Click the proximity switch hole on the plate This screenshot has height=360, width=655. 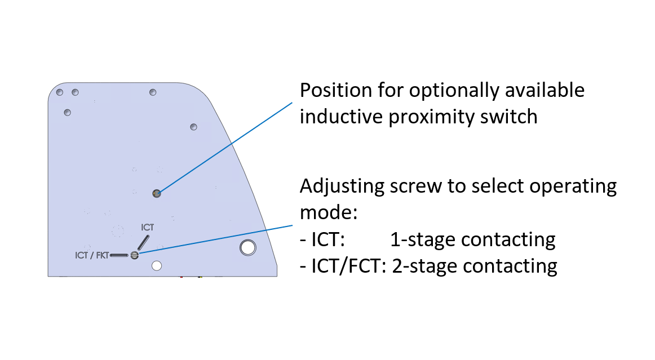click(x=157, y=194)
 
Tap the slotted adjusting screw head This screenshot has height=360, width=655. click(x=134, y=255)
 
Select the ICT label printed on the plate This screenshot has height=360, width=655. click(x=147, y=228)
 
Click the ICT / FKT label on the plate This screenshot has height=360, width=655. click(x=91, y=255)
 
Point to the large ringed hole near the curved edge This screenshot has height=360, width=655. click(x=247, y=247)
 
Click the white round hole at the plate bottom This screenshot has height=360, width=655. click(x=157, y=265)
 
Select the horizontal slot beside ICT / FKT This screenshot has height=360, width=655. click(x=119, y=255)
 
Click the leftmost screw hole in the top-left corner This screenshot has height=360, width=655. click(x=59, y=92)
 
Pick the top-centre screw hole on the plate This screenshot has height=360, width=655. click(x=152, y=92)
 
